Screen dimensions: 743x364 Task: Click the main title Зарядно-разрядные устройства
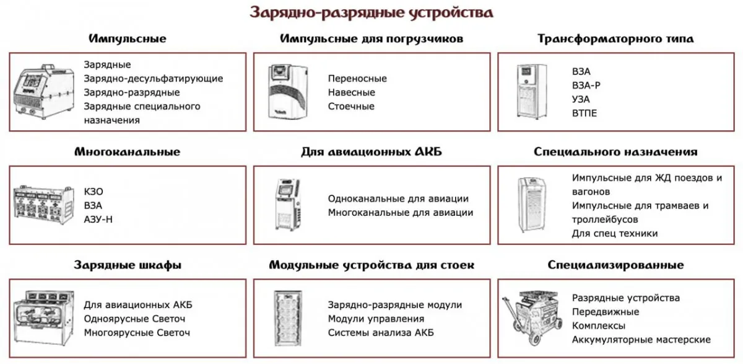point(371,12)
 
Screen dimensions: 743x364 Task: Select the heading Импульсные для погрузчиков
point(371,39)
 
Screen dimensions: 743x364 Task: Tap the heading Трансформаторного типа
point(615,39)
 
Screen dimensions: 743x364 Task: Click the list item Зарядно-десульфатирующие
point(154,79)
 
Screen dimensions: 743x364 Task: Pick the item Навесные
point(351,92)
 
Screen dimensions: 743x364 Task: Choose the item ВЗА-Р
point(586,86)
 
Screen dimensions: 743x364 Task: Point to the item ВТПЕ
point(584,113)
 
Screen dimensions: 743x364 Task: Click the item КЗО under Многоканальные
point(93,192)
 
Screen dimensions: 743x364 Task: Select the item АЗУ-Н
point(98,220)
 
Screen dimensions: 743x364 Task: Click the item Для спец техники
point(615,234)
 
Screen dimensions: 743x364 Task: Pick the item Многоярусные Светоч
point(137,332)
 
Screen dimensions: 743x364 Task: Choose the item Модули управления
point(376,319)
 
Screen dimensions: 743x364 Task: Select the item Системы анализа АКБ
point(381,332)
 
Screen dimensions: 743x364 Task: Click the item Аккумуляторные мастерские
point(641,340)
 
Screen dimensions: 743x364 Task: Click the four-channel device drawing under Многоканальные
point(43,205)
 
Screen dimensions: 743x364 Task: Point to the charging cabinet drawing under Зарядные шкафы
point(43,319)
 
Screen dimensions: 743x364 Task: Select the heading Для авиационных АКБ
point(371,152)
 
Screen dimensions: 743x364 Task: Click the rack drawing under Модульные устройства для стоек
point(288,319)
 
